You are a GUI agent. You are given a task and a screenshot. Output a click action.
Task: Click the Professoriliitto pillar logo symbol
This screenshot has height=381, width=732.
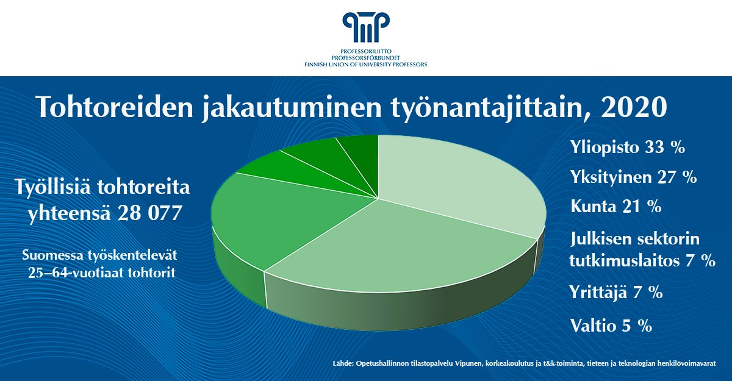[365, 27]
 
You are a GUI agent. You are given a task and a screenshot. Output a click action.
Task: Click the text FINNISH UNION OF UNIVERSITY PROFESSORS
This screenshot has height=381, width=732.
[366, 64]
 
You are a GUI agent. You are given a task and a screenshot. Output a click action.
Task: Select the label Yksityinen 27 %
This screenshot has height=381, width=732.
[633, 177]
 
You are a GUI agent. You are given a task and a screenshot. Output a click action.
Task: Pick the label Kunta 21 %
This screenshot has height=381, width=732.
[616, 206]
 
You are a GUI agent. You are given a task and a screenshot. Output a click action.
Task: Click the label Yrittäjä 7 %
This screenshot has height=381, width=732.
[616, 292]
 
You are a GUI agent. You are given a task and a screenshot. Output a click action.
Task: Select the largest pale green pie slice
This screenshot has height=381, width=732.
[457, 183]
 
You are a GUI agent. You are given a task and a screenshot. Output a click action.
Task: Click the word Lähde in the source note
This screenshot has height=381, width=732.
[343, 363]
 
